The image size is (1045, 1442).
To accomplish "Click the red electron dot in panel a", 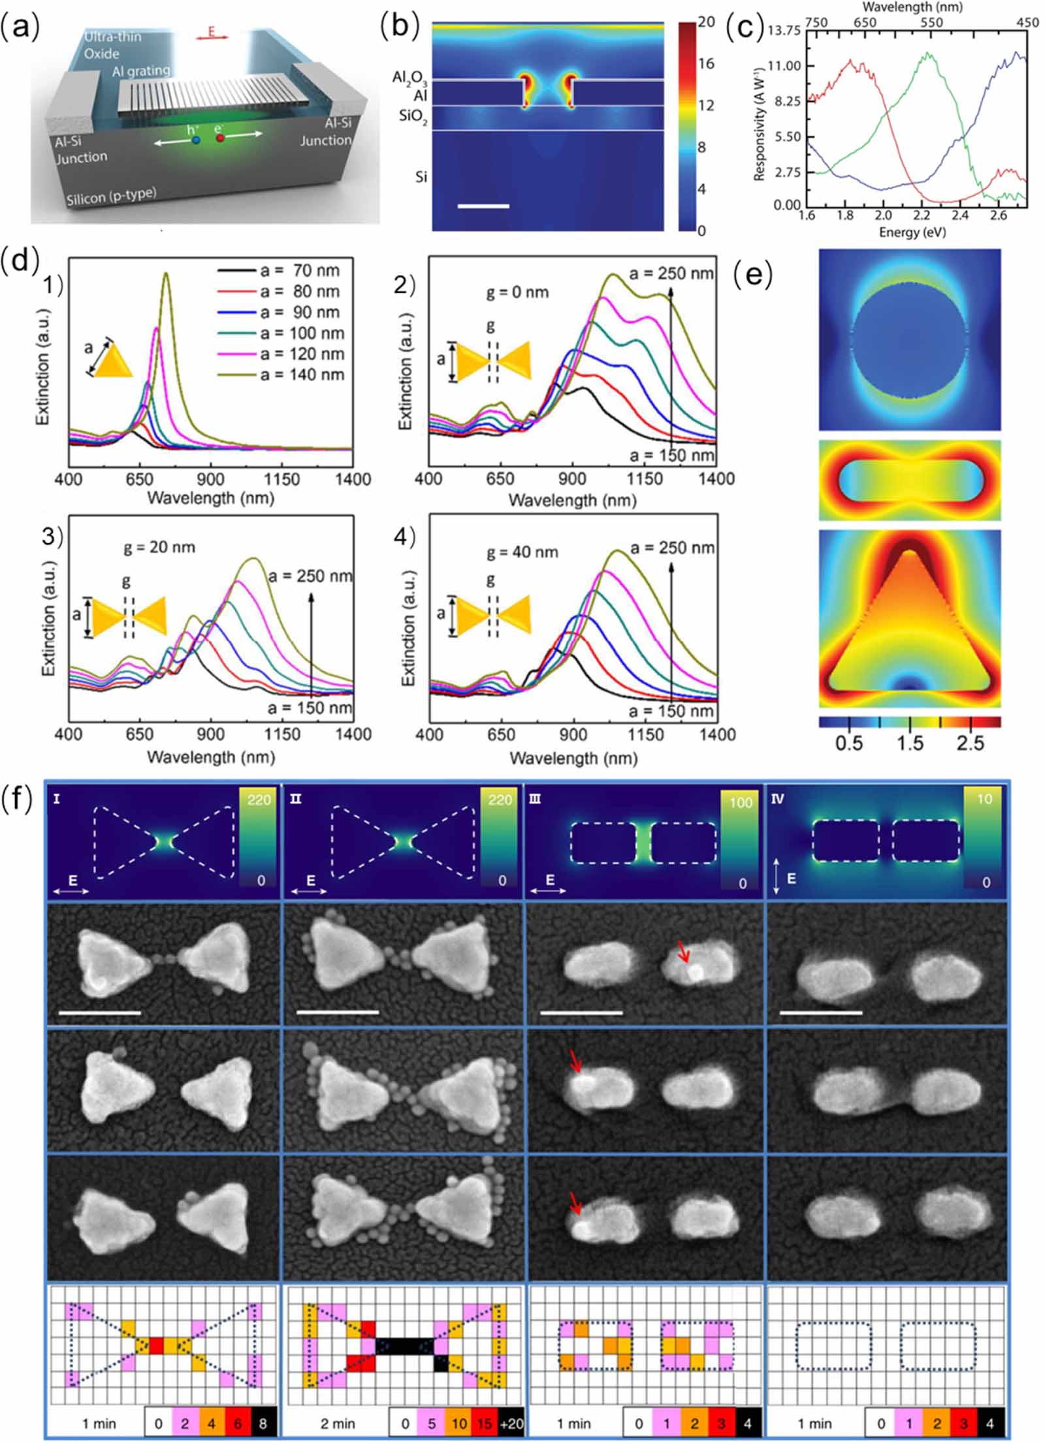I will click(220, 138).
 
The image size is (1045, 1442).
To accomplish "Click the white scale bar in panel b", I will click(483, 206).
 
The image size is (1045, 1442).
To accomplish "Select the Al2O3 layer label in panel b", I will click(409, 78).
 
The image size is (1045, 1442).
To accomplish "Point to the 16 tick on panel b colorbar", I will click(705, 63).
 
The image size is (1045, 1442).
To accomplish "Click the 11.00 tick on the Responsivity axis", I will click(784, 66).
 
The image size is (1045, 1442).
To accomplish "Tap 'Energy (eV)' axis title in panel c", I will click(912, 232).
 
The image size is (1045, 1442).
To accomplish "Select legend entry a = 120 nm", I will click(302, 354).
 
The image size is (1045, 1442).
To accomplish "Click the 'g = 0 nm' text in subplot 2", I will click(517, 292).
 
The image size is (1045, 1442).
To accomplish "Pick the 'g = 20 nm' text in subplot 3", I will click(159, 547).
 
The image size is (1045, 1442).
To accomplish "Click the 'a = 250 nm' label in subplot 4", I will click(671, 548).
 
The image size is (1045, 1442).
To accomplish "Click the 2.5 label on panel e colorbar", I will click(970, 744).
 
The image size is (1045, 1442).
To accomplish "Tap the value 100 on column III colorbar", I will click(741, 802).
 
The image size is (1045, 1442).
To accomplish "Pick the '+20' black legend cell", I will click(511, 1424).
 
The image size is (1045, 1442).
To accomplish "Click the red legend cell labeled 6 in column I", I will click(237, 1424).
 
